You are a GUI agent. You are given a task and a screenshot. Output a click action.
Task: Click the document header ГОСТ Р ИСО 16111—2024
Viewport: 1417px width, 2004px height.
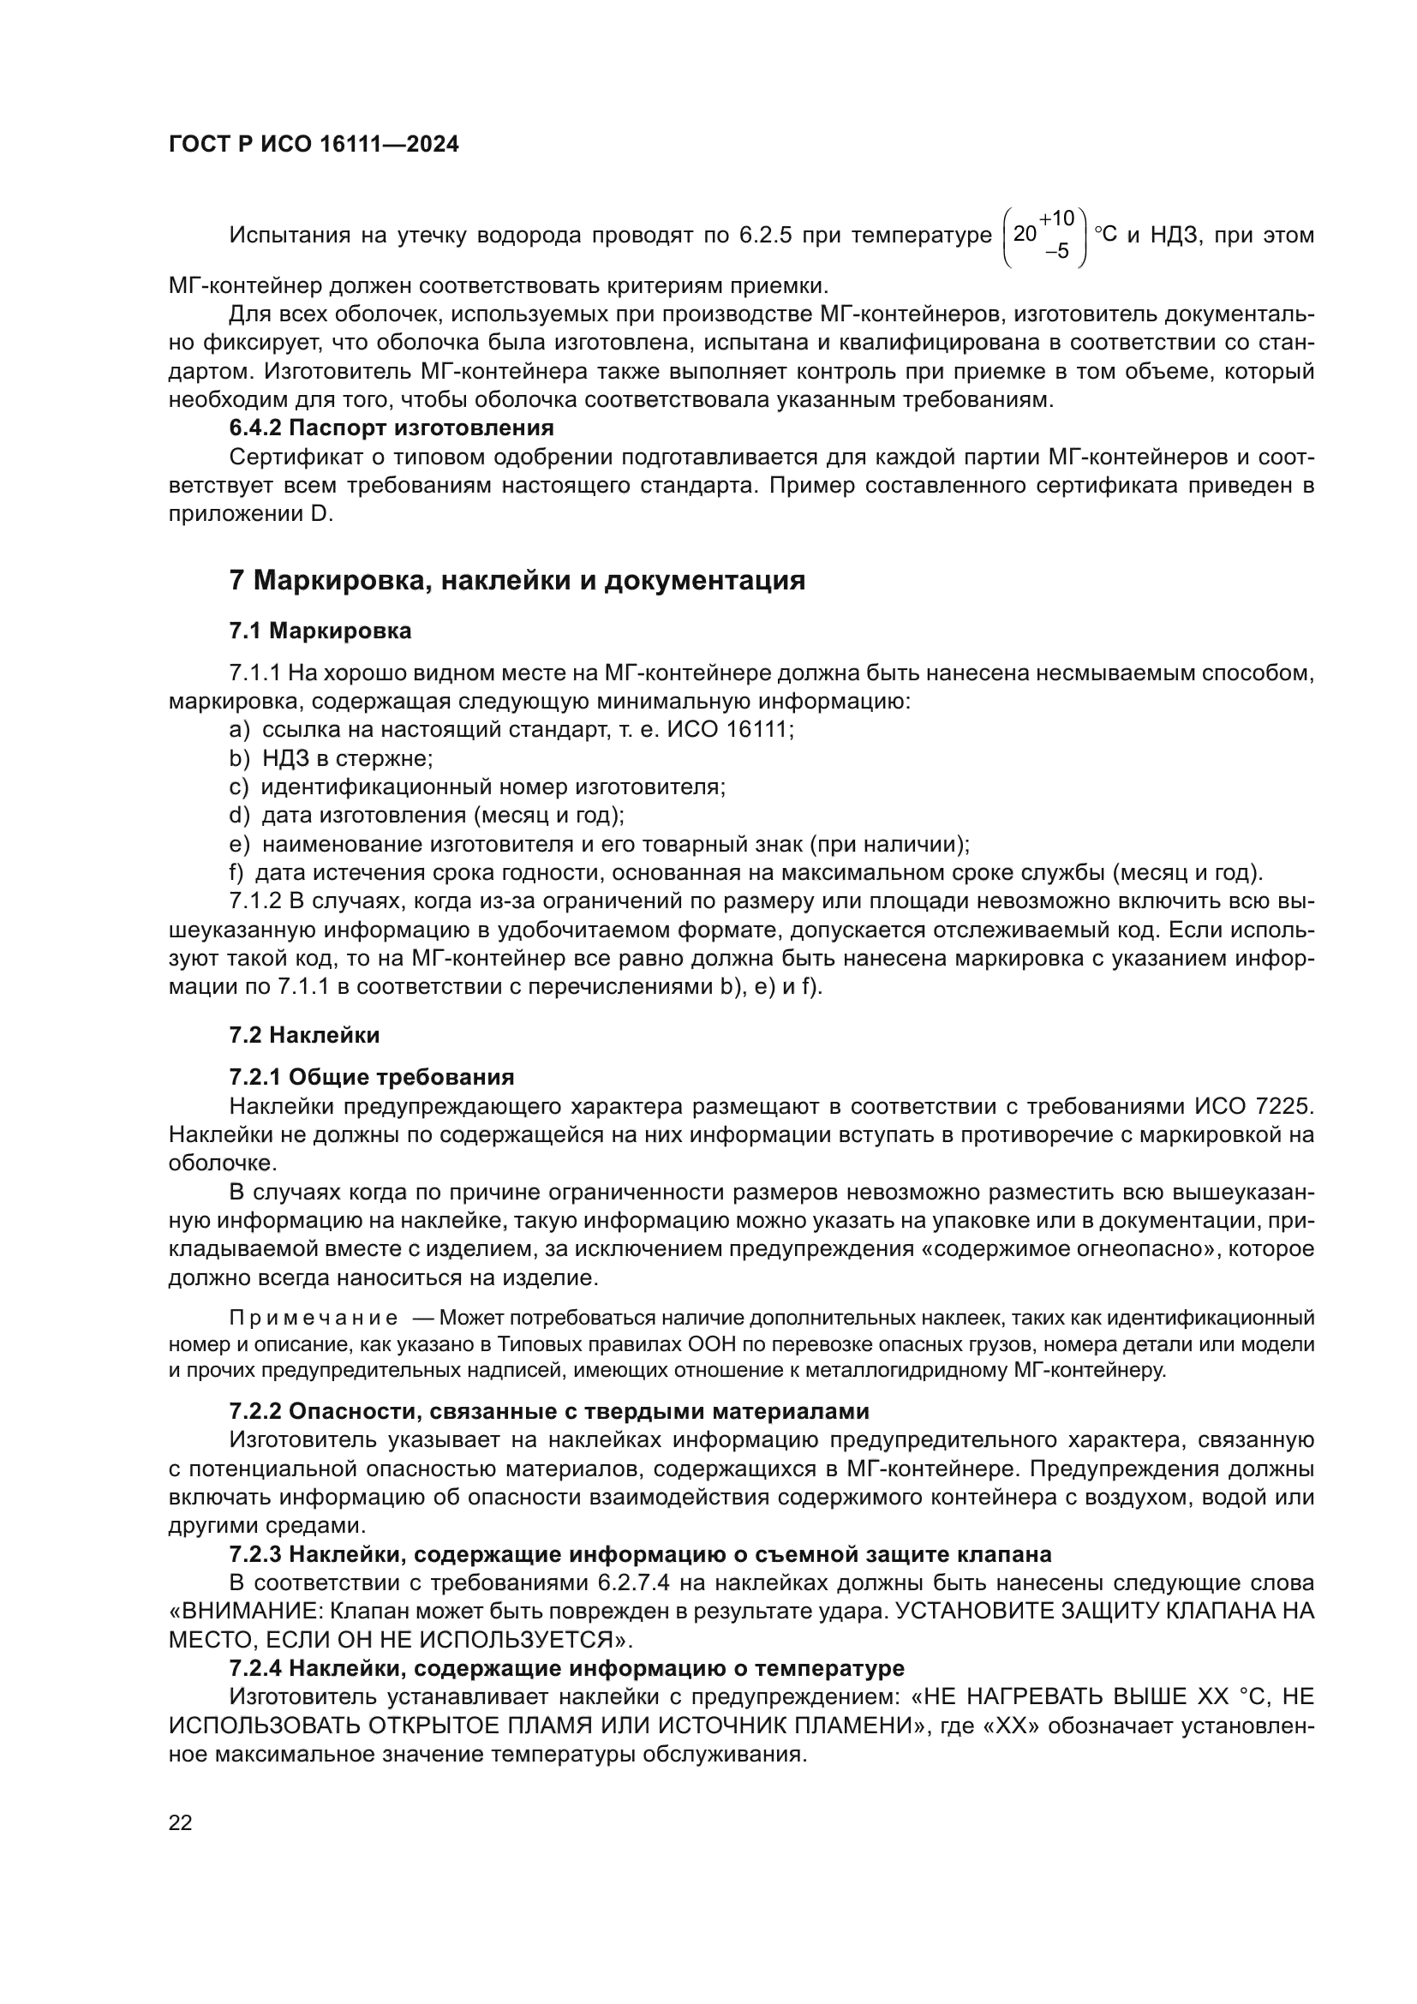(x=314, y=145)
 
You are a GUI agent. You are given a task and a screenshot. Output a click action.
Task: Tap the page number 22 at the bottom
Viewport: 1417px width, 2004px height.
(x=181, y=1822)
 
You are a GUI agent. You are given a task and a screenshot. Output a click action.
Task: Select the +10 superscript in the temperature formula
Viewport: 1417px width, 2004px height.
(x=1056, y=218)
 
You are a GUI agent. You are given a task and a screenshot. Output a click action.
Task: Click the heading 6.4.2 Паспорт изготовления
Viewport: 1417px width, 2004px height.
(x=391, y=428)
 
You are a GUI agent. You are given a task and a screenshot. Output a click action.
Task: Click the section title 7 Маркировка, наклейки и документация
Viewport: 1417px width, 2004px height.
(x=517, y=580)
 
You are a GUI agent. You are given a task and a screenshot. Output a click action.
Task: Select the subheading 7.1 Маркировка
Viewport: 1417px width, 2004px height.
(x=320, y=631)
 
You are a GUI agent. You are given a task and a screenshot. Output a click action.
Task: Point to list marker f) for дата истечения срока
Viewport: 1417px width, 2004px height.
(x=236, y=873)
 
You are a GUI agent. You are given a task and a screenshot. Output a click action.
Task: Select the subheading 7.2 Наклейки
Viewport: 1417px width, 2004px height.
(x=304, y=1036)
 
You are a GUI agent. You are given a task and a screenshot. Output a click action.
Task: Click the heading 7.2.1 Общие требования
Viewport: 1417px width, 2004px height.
(x=372, y=1077)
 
